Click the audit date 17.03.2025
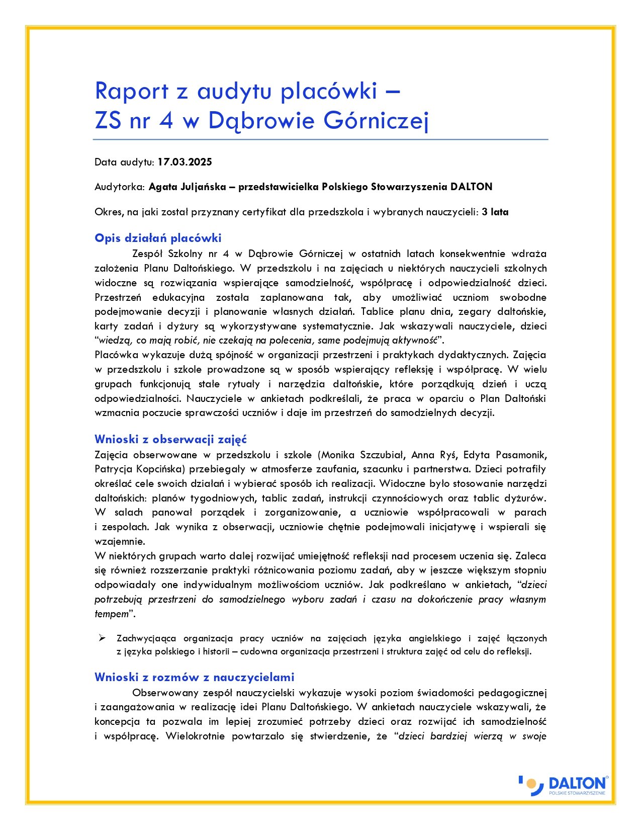[x=185, y=162]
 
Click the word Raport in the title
[x=131, y=91]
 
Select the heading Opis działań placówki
[x=158, y=238]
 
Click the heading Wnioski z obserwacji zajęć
[x=170, y=439]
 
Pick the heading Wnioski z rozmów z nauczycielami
[x=194, y=677]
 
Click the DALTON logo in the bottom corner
[x=563, y=785]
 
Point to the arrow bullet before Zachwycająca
[x=102, y=638]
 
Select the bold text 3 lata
[x=495, y=212]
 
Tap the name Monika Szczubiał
[x=362, y=455]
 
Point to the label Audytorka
[x=119, y=187]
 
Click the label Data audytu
[x=124, y=162]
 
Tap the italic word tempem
[x=112, y=614]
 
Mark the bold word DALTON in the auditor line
[x=471, y=187]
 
